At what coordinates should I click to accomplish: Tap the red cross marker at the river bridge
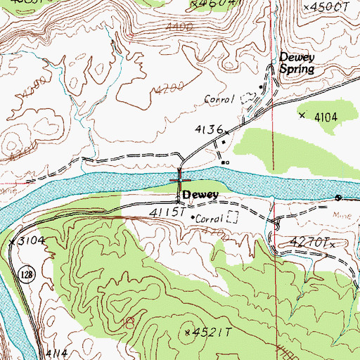(179, 180)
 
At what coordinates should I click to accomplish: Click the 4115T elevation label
(167, 210)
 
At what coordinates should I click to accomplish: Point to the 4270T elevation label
(309, 240)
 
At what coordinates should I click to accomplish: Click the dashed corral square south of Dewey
(233, 218)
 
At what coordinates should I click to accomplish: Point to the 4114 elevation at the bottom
(58, 353)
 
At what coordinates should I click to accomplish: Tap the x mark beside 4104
(302, 115)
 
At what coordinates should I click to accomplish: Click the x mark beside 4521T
(187, 331)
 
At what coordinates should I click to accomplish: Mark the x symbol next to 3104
(13, 240)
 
